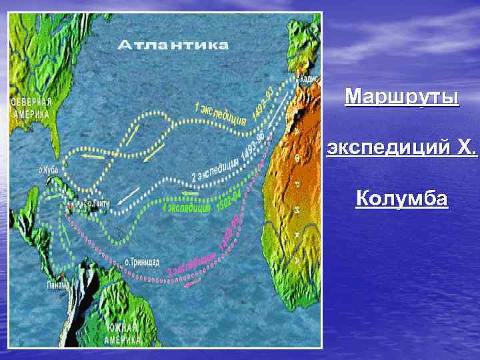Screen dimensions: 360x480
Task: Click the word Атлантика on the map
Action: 173,45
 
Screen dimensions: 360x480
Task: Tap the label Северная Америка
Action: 31,107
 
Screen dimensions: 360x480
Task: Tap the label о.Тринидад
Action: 141,261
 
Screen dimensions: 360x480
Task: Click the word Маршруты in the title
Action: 402,97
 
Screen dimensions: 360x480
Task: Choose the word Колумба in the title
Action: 402,198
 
